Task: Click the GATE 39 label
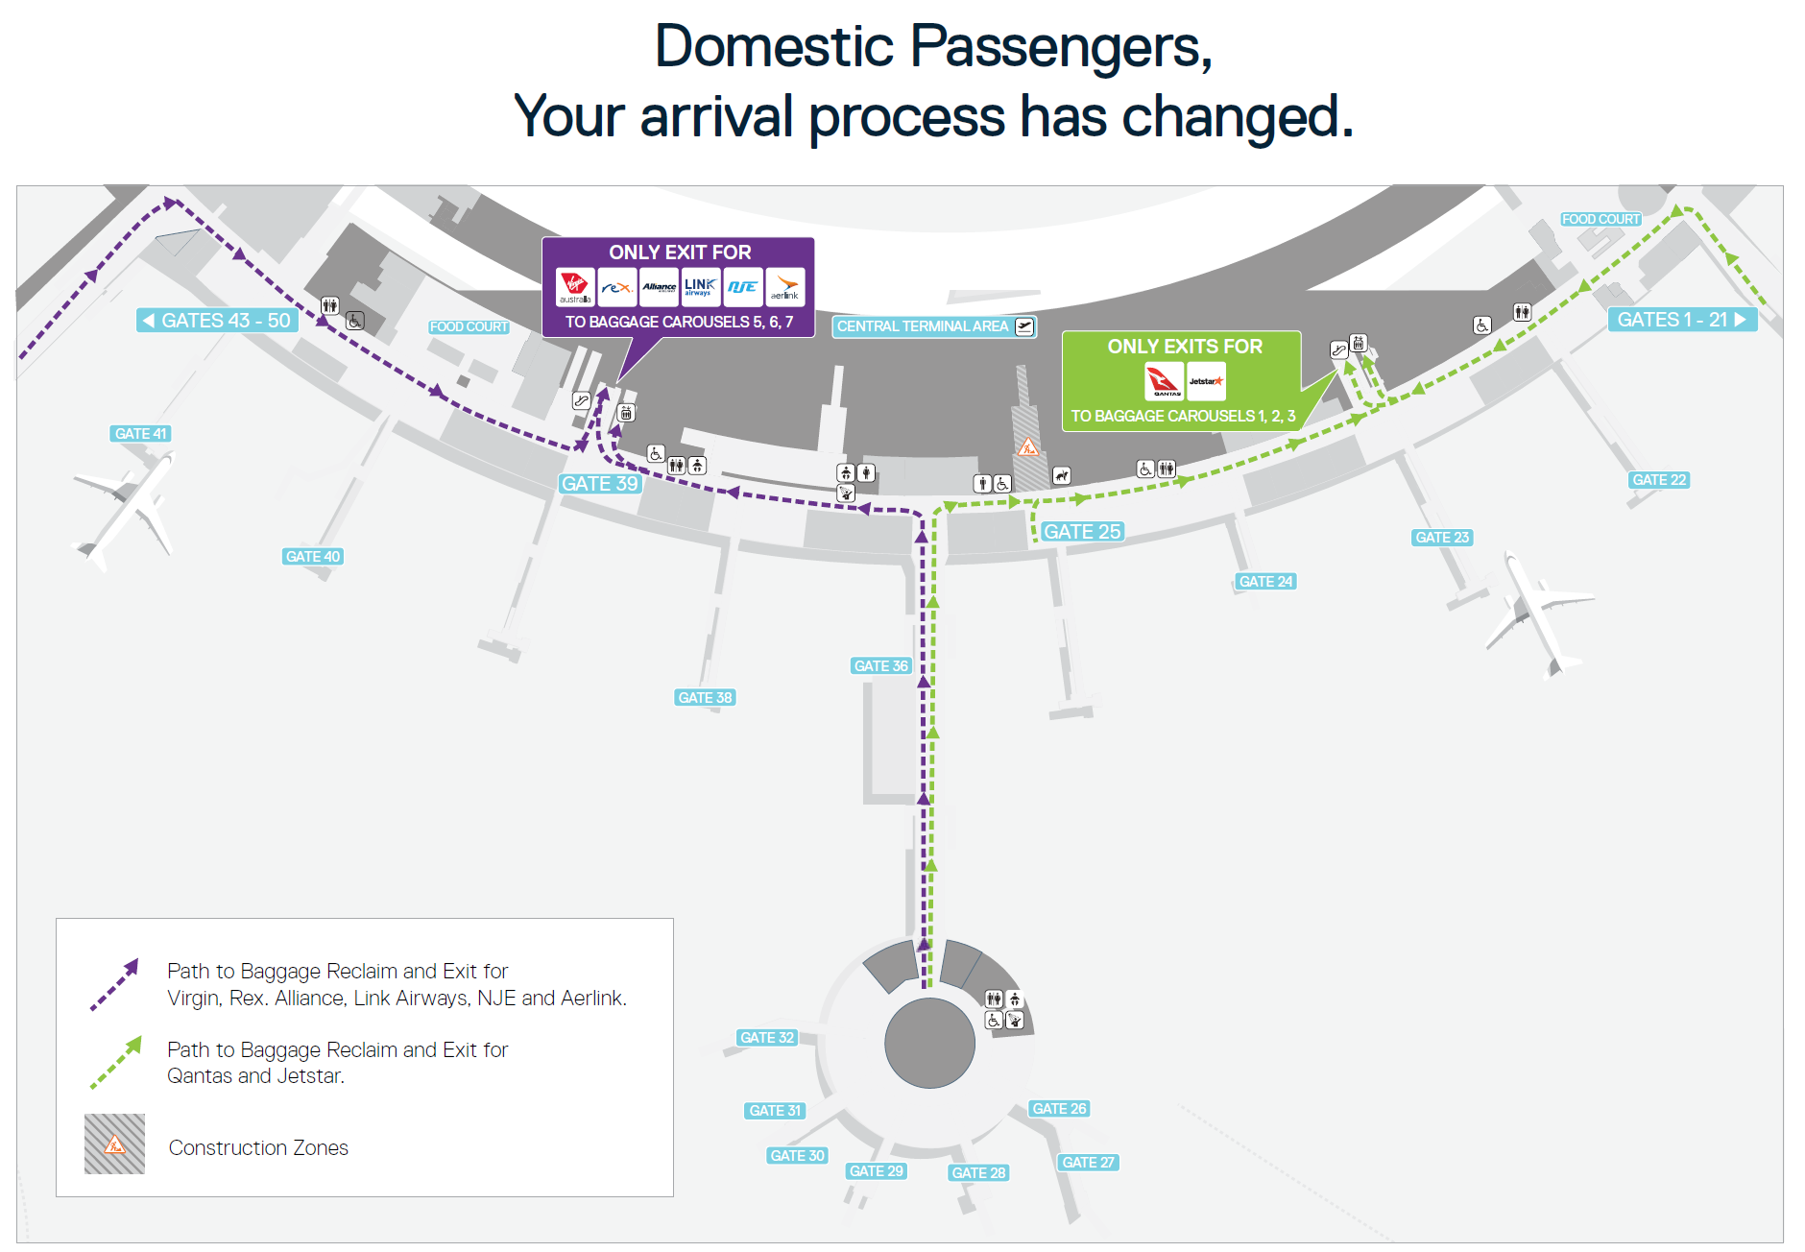point(600,484)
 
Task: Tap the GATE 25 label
point(1082,532)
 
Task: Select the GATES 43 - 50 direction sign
point(218,321)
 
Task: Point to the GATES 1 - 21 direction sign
point(1681,320)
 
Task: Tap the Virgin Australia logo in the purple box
point(575,286)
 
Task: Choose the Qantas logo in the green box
point(1165,381)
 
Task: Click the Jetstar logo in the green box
point(1206,381)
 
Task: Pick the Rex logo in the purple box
point(617,286)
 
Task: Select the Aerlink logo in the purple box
point(785,286)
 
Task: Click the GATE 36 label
point(880,666)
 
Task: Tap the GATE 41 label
point(140,434)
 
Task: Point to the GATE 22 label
point(1659,480)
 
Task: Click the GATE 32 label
point(767,1038)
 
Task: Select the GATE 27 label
point(1088,1163)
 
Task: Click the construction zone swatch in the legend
point(114,1144)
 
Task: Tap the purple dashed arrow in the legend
point(114,985)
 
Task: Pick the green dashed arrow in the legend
point(115,1063)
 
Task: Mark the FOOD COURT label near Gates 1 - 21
point(1600,220)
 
